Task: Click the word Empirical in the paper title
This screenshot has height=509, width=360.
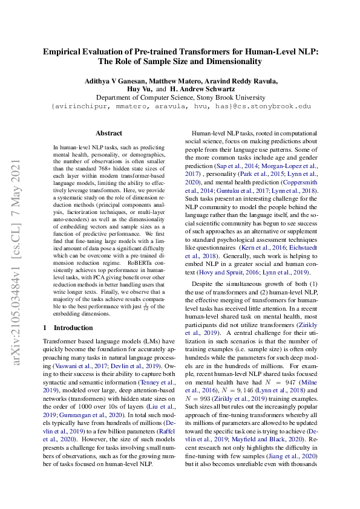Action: pyautogui.click(x=65, y=52)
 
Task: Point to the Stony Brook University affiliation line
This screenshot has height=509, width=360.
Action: pyautogui.click(x=180, y=97)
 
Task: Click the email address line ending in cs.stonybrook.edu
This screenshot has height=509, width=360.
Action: pyautogui.click(x=180, y=106)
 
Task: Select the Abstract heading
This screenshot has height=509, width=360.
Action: pyautogui.click(x=109, y=133)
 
